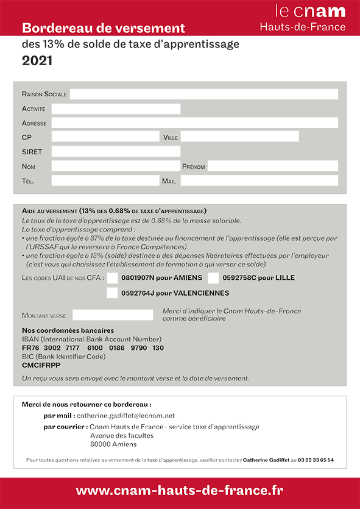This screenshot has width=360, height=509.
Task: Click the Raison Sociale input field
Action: pyautogui.click(x=203, y=94)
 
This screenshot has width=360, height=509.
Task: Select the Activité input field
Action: pyautogui.click(x=116, y=109)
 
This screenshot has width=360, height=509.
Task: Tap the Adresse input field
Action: pyautogui.click(x=194, y=123)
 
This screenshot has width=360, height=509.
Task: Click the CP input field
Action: pyautogui.click(x=105, y=137)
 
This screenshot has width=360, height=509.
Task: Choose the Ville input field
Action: pyautogui.click(x=239, y=137)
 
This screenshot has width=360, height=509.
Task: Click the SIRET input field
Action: pyautogui.click(x=116, y=151)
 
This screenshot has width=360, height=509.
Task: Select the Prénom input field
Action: pyautogui.click(x=272, y=166)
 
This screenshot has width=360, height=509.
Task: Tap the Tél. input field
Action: pyautogui.click(x=105, y=180)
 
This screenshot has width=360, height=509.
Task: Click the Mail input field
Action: pyautogui.click(x=259, y=180)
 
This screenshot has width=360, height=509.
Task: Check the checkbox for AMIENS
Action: pyautogui.click(x=112, y=278)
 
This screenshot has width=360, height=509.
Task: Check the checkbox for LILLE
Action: pyautogui.click(x=213, y=278)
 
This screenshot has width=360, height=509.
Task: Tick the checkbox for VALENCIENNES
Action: pyautogui.click(x=112, y=293)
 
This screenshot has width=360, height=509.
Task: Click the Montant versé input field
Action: pyautogui.click(x=113, y=315)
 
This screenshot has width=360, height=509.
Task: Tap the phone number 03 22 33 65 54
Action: pyautogui.click(x=316, y=460)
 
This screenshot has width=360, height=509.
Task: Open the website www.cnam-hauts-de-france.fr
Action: pyautogui.click(x=180, y=490)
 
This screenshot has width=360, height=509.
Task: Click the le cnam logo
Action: pyautogui.click(x=310, y=11)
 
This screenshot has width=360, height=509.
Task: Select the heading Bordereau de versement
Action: pyautogui.click(x=104, y=28)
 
